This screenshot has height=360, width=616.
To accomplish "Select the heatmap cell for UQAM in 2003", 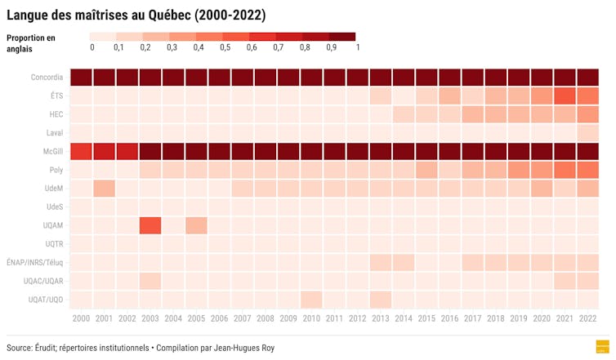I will click(x=150, y=225).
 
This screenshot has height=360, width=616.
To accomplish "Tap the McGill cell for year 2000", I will click(x=80, y=152).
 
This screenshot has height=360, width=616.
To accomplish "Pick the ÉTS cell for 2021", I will click(x=565, y=96).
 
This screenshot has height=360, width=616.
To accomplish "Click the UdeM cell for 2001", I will click(x=103, y=189).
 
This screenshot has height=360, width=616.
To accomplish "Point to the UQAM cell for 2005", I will click(x=195, y=225).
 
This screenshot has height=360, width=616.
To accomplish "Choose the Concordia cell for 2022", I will click(x=587, y=78).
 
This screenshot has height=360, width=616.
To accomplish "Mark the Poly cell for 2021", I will click(x=565, y=170).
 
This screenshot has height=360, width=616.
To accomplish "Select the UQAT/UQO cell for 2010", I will click(x=310, y=299).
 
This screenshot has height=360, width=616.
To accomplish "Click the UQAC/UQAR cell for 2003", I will click(x=150, y=281).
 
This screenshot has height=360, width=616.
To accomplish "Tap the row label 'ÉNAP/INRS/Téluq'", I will click(x=34, y=262).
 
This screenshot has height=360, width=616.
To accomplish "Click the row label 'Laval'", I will click(x=53, y=133).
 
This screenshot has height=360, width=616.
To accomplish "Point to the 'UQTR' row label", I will click(x=53, y=244).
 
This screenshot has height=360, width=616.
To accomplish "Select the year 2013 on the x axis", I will click(x=380, y=318).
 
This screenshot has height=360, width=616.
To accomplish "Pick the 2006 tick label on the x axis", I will click(x=219, y=318).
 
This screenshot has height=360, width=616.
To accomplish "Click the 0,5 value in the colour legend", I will click(x=224, y=47).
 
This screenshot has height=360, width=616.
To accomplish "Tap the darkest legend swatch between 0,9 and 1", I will click(x=342, y=37).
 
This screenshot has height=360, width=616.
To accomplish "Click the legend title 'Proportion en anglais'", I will click(x=30, y=42).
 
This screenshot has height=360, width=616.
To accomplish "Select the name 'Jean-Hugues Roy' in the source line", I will click(x=246, y=348).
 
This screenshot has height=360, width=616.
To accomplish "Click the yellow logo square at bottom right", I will click(x=604, y=346).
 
